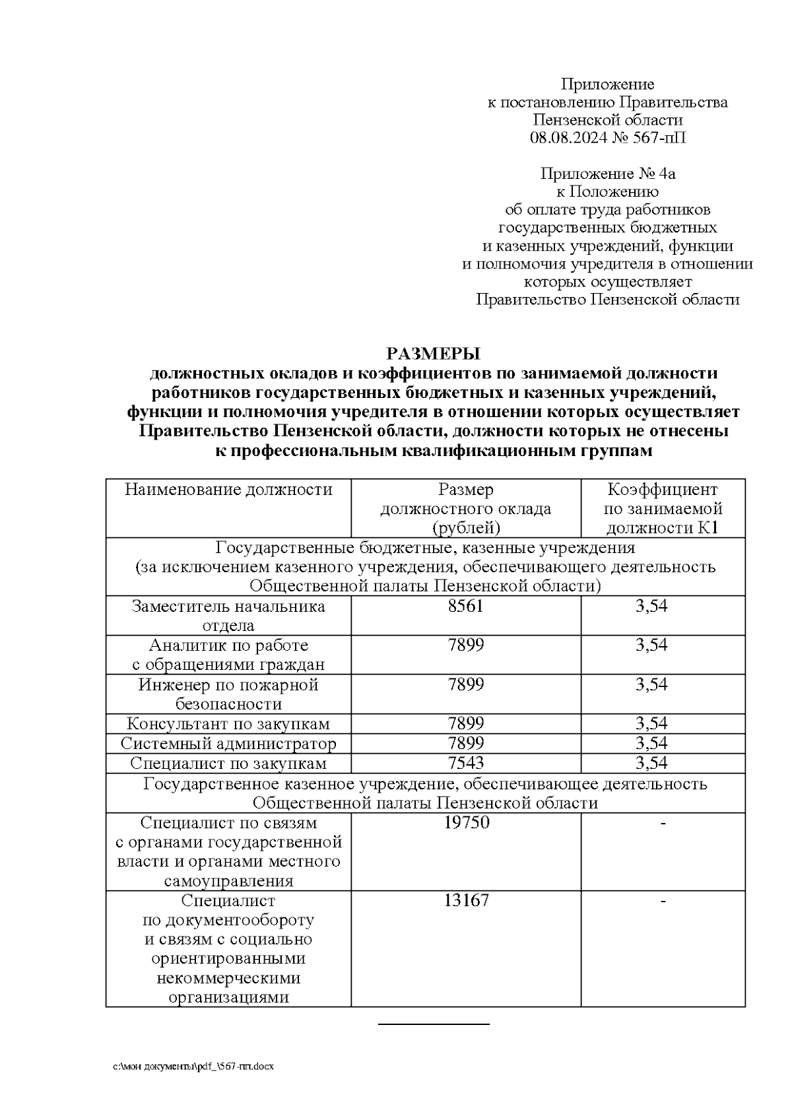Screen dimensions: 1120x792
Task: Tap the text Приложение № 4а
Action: click(607, 174)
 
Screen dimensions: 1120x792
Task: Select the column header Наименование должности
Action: click(228, 490)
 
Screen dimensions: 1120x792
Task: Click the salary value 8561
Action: click(465, 606)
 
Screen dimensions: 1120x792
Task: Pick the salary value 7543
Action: click(465, 764)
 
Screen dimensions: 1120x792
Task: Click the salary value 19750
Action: click(465, 823)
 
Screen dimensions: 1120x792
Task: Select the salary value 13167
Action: click(465, 901)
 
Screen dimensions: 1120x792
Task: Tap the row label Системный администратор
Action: click(228, 744)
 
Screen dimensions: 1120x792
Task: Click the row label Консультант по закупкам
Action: click(228, 724)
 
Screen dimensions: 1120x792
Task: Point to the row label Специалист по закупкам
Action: click(228, 764)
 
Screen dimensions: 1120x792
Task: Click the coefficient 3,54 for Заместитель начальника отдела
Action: click(651, 606)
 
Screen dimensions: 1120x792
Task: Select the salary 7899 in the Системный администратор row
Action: click(465, 744)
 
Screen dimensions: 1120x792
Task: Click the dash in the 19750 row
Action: click(663, 823)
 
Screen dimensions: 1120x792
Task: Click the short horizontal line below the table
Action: click(434, 1024)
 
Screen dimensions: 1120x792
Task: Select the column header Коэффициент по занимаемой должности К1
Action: click(663, 509)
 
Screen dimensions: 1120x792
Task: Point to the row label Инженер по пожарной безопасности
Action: click(228, 694)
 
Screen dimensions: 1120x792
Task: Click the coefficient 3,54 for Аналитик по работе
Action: click(651, 645)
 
